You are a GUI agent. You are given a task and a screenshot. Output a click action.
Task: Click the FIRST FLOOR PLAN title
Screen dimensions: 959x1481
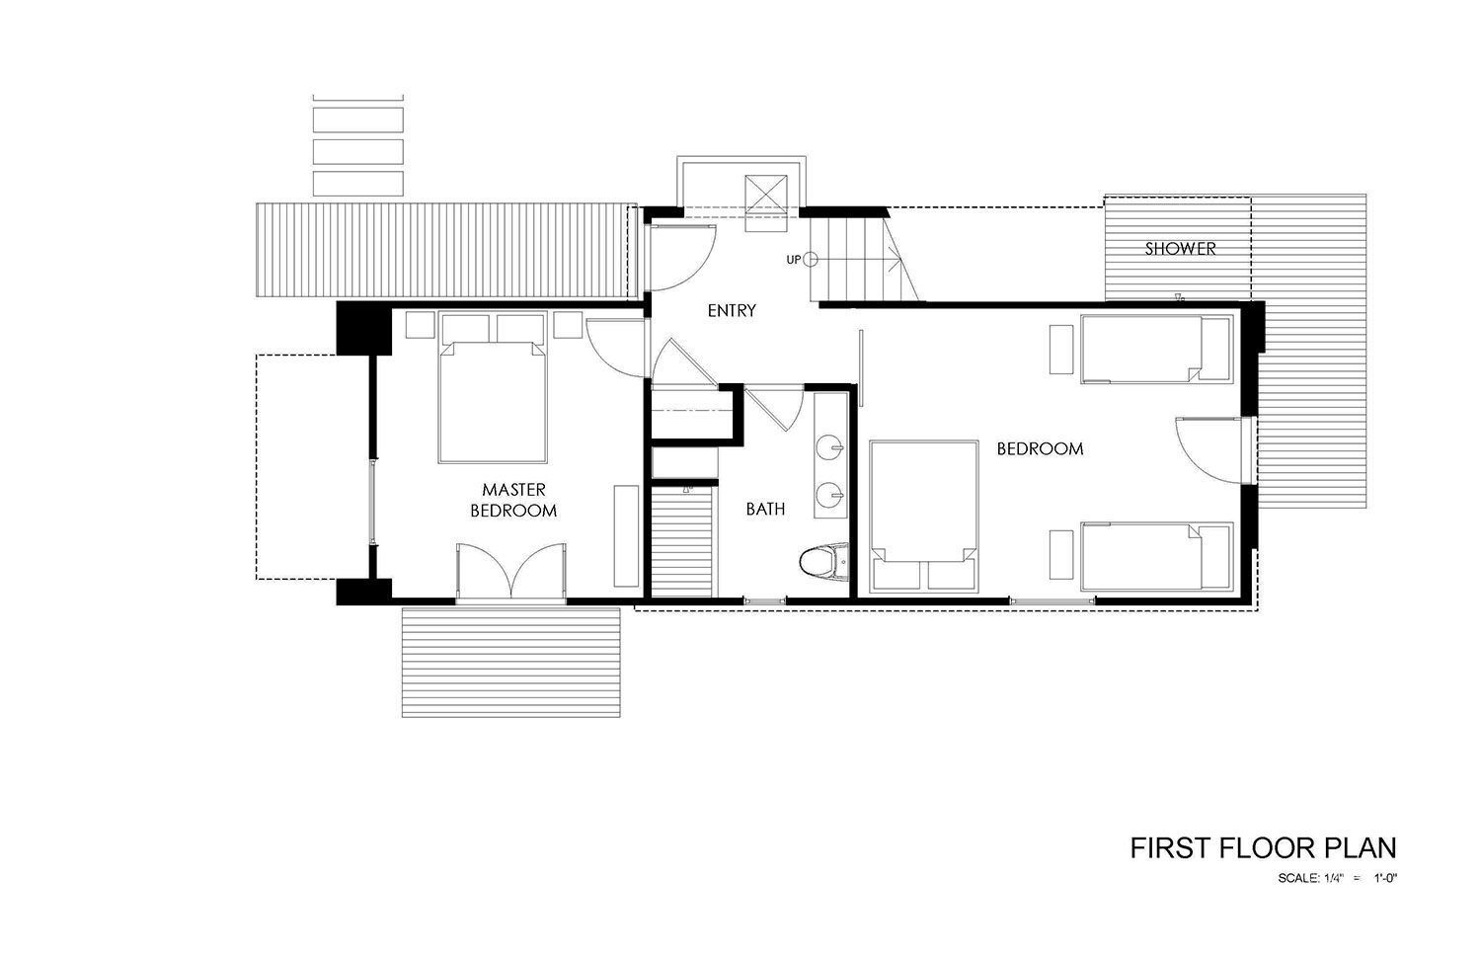[1263, 847]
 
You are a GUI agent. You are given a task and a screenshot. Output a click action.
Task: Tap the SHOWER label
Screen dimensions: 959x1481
[1180, 249]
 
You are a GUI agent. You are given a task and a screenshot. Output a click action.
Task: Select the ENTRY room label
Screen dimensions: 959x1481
[732, 310]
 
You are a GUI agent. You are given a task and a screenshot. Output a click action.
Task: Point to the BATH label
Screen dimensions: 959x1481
[765, 510]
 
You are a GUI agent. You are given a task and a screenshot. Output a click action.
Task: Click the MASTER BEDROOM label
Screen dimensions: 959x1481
[513, 500]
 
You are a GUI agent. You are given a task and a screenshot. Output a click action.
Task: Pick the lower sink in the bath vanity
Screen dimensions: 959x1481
[831, 493]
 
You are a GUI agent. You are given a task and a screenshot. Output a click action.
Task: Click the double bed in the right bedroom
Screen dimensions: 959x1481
[923, 518]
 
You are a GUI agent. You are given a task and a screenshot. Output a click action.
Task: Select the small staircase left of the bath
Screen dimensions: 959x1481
[682, 543]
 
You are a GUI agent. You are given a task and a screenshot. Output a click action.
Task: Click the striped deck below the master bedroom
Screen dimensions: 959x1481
[510, 662]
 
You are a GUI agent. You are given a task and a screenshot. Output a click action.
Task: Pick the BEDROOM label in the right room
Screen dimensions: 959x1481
[1040, 448]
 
